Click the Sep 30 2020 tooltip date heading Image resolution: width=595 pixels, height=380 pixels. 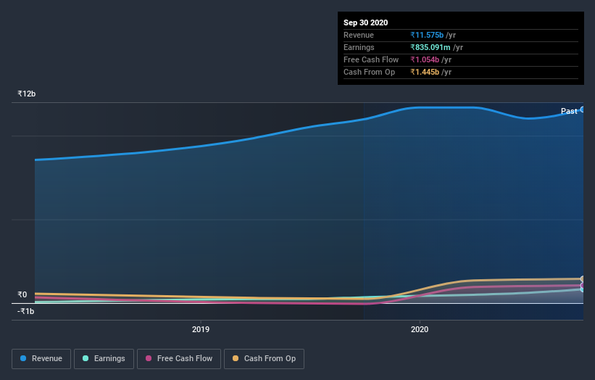(x=366, y=22)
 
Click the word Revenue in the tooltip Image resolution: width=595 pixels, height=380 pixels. (x=359, y=35)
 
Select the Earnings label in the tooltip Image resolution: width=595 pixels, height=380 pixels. (x=359, y=47)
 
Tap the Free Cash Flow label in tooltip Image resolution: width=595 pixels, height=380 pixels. (x=371, y=59)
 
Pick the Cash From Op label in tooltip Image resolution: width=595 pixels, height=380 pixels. (x=369, y=72)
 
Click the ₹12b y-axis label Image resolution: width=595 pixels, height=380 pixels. (x=27, y=94)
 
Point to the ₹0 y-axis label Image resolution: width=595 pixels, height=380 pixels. (x=22, y=294)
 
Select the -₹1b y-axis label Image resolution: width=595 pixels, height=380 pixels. (x=26, y=311)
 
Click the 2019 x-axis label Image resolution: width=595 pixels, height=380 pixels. (x=201, y=329)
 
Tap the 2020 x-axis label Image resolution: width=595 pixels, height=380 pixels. (x=420, y=329)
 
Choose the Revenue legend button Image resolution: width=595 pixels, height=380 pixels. (x=41, y=358)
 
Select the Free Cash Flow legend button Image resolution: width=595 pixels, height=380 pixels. (x=178, y=358)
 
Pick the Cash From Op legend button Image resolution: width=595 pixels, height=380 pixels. (x=264, y=358)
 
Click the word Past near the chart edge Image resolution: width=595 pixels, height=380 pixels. (x=569, y=111)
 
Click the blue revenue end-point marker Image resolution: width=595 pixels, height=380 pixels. (x=582, y=110)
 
